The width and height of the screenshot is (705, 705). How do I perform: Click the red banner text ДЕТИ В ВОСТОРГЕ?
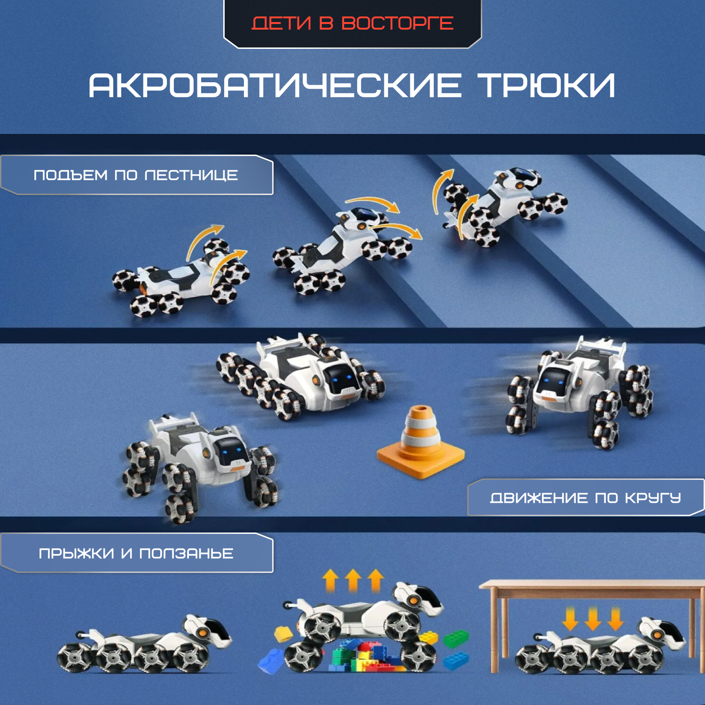click(x=352, y=23)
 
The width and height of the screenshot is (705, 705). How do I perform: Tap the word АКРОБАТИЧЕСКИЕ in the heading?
click(x=275, y=86)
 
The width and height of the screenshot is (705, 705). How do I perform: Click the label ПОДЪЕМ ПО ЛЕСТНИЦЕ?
click(x=136, y=175)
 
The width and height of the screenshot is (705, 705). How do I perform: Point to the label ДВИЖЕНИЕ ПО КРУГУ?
click(x=586, y=498)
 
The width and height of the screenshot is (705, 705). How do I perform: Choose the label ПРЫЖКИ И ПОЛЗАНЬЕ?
click(x=136, y=553)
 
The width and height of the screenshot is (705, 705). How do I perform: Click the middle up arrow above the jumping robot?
click(x=353, y=580)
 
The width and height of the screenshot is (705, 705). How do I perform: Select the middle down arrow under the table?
click(x=593, y=619)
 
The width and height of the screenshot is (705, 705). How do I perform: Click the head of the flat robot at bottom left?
click(x=207, y=629)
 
